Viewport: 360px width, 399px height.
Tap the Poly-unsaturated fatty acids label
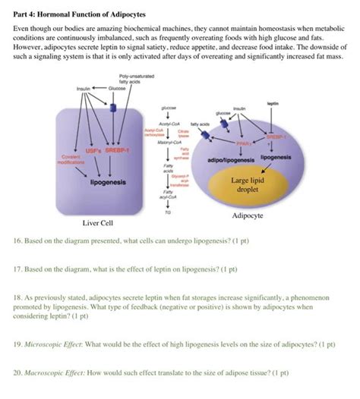pyautogui.click(x=129, y=79)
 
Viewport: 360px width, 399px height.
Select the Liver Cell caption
pyautogui.click(x=98, y=224)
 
